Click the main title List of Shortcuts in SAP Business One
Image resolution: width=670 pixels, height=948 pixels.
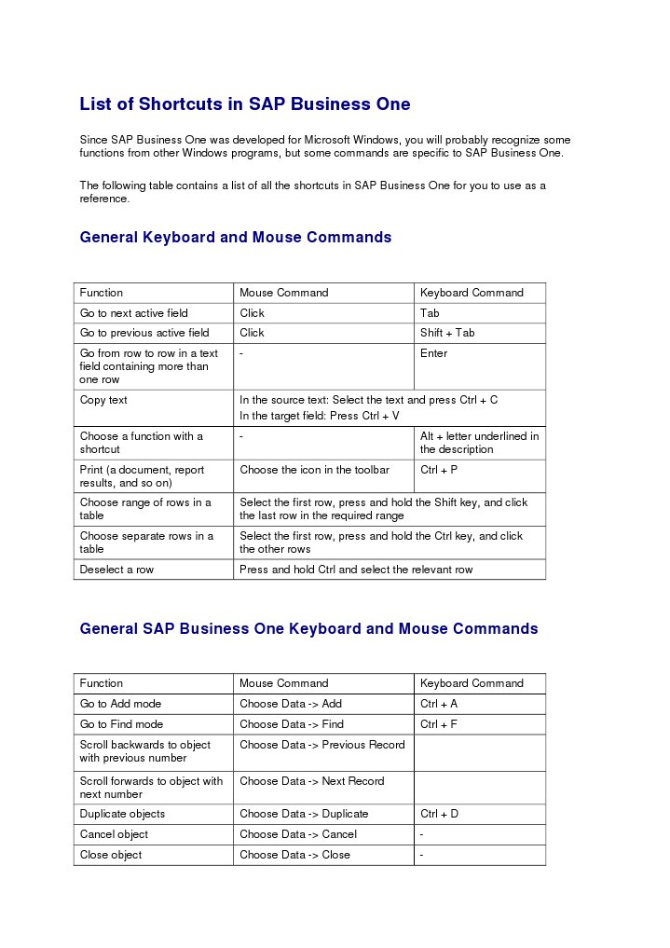[244, 104]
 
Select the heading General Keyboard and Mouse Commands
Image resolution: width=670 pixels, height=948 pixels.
[235, 238]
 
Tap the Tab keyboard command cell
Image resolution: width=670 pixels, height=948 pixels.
[430, 313]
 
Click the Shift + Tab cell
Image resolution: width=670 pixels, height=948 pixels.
[447, 333]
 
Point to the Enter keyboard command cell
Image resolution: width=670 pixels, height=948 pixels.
[433, 353]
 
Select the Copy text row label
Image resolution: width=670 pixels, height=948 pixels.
[103, 400]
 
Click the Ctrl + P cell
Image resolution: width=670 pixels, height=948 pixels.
[438, 470]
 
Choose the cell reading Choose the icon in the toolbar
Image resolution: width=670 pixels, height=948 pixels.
[314, 470]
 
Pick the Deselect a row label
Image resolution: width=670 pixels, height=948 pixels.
[116, 570]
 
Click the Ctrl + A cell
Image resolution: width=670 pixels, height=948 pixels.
[439, 704]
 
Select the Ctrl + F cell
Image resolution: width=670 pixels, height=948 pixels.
[439, 724]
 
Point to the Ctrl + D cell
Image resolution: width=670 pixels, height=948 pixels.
[439, 814]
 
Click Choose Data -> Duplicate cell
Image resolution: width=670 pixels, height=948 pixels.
[304, 814]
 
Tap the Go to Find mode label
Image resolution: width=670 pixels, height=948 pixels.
[121, 724]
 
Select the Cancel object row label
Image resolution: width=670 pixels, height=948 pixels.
[114, 834]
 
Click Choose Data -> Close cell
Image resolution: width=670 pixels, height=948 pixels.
[294, 855]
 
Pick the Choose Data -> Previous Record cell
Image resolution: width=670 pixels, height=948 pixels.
[321, 745]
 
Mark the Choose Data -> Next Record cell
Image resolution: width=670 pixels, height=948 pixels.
[311, 781]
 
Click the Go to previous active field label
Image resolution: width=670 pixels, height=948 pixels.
[144, 333]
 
